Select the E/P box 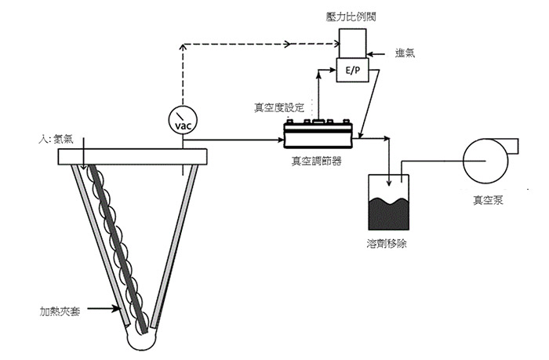click(x=352, y=70)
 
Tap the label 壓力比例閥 click(x=351, y=16)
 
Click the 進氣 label click(x=405, y=53)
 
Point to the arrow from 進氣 click(x=376, y=54)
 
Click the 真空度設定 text click(x=279, y=107)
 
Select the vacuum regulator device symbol click(x=318, y=134)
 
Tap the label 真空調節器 click(x=317, y=161)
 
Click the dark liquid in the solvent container click(x=389, y=214)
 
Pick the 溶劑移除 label click(x=387, y=243)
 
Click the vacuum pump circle click(x=485, y=161)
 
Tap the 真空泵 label click(x=488, y=200)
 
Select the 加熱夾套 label click(x=60, y=311)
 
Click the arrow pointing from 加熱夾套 click(x=104, y=308)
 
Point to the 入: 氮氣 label click(x=56, y=139)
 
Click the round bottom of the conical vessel click(x=141, y=340)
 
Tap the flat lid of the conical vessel click(x=133, y=157)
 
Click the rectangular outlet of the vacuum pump click(x=512, y=146)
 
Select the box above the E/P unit click(x=353, y=43)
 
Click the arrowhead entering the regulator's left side click(x=281, y=140)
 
